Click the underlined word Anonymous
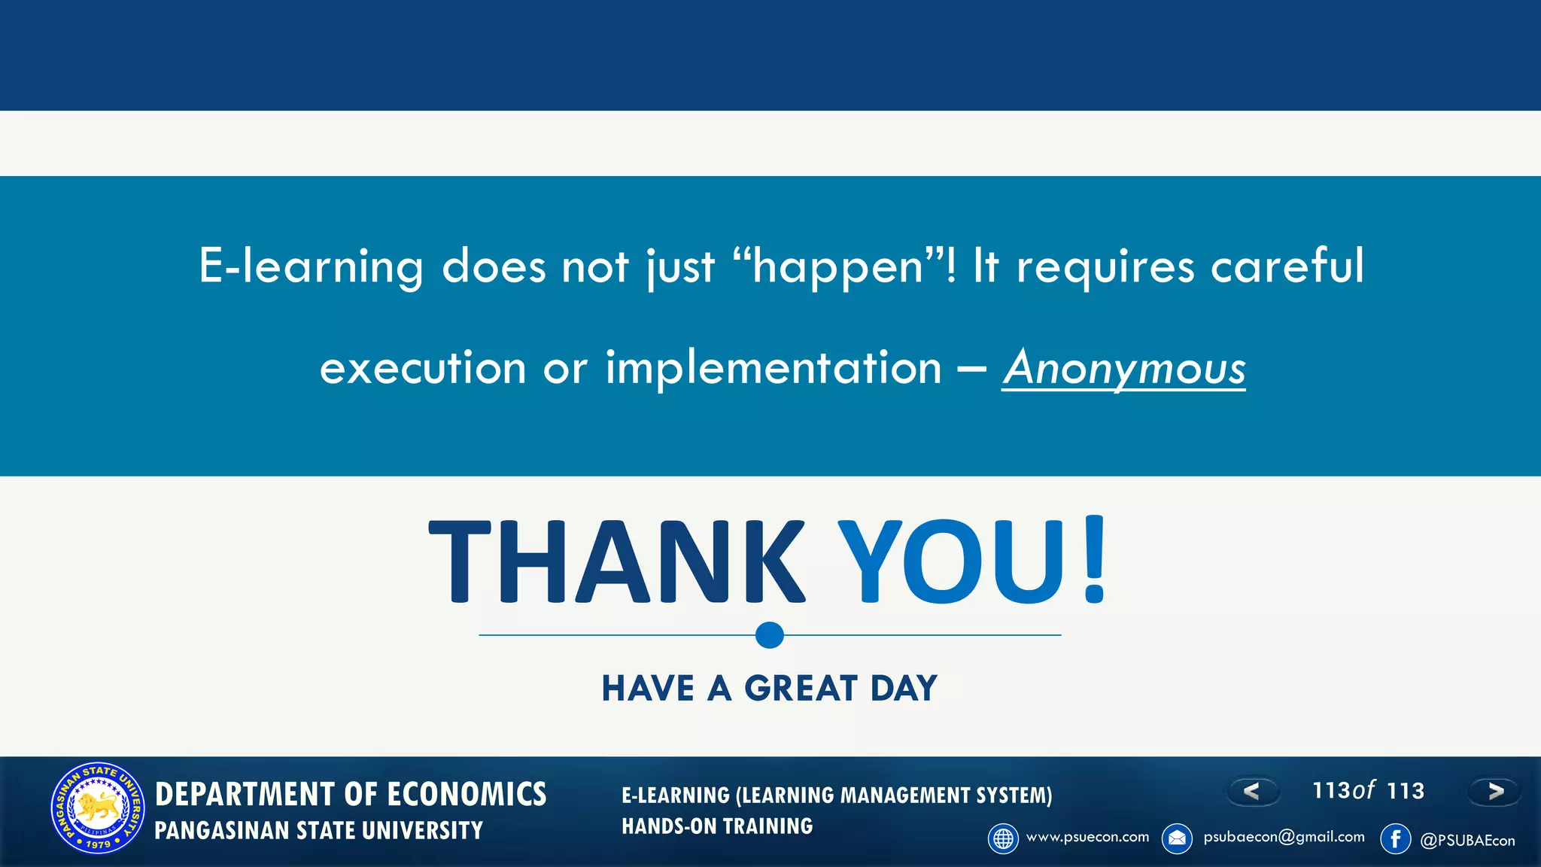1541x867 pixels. [x=1123, y=368]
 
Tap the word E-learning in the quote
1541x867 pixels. [x=311, y=266]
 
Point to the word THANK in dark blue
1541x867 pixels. [x=617, y=563]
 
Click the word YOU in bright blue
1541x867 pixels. [x=952, y=563]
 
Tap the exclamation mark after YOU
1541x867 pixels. [x=1094, y=561]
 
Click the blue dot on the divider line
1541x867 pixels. [x=769, y=635]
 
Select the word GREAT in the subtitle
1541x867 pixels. [x=801, y=689]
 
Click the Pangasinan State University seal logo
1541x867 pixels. [x=98, y=808]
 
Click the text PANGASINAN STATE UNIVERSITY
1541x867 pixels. [x=318, y=831]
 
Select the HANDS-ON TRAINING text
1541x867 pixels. [x=717, y=826]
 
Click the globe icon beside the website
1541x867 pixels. [x=1003, y=838]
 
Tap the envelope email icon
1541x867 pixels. [x=1177, y=838]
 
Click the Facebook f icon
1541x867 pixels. [x=1395, y=838]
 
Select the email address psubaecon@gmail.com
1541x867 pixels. [x=1284, y=837]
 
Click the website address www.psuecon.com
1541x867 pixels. [x=1087, y=837]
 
